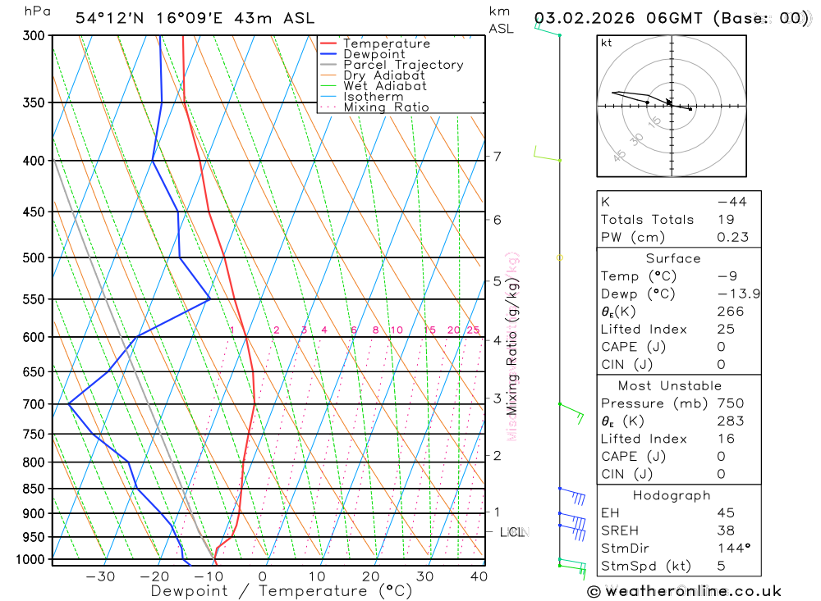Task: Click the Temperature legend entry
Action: pyautogui.click(x=386, y=43)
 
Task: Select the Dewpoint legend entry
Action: pyautogui.click(x=374, y=54)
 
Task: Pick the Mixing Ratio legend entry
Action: pyautogui.click(x=386, y=107)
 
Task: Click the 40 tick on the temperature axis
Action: pyautogui.click(x=479, y=576)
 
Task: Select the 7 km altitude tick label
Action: pyautogui.click(x=498, y=156)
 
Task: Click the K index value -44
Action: pyautogui.click(x=732, y=202)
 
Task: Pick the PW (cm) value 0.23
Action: pyautogui.click(x=733, y=237)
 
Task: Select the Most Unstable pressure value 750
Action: pyautogui.click(x=731, y=403)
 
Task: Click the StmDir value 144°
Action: pyautogui.click(x=732, y=549)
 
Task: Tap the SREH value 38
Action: pyautogui.click(x=725, y=530)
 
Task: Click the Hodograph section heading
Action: pyautogui.click(x=672, y=496)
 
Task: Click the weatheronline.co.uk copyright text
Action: pyautogui.click(x=684, y=591)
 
